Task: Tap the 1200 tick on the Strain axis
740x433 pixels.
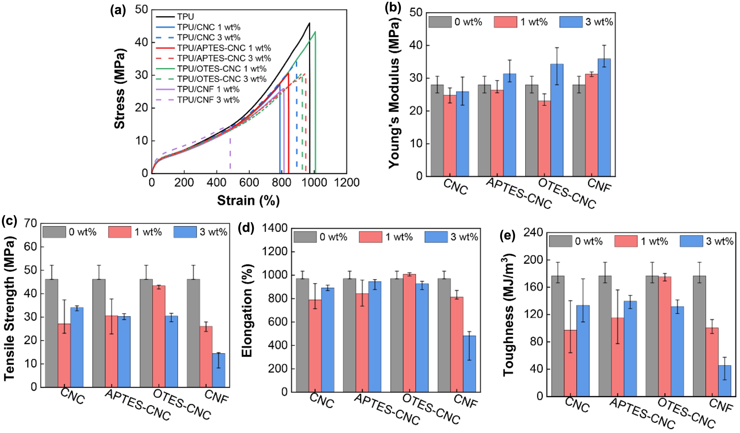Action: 347,183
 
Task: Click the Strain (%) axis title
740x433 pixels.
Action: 248,201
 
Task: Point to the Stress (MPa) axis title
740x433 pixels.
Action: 120,89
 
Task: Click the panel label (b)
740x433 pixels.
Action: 393,8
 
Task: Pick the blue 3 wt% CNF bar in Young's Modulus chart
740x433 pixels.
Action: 604,117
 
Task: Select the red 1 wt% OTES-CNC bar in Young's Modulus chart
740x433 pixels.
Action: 544,138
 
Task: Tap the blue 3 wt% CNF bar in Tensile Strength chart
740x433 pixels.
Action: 219,370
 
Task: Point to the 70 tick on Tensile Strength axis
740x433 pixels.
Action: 31,223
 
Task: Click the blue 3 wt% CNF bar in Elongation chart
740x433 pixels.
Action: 470,364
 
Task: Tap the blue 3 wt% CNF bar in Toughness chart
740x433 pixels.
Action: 724,381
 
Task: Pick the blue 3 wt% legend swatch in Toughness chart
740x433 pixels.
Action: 691,241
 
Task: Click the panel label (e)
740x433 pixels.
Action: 507,236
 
